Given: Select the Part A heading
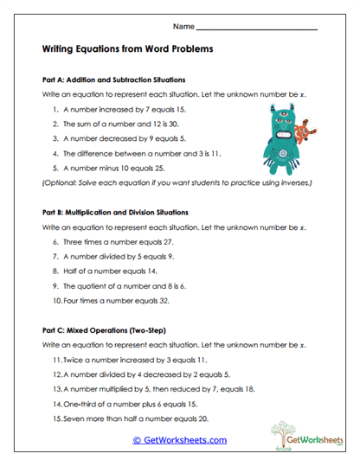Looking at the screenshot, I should [113, 79].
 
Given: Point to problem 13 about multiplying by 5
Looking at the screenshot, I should [155, 389].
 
